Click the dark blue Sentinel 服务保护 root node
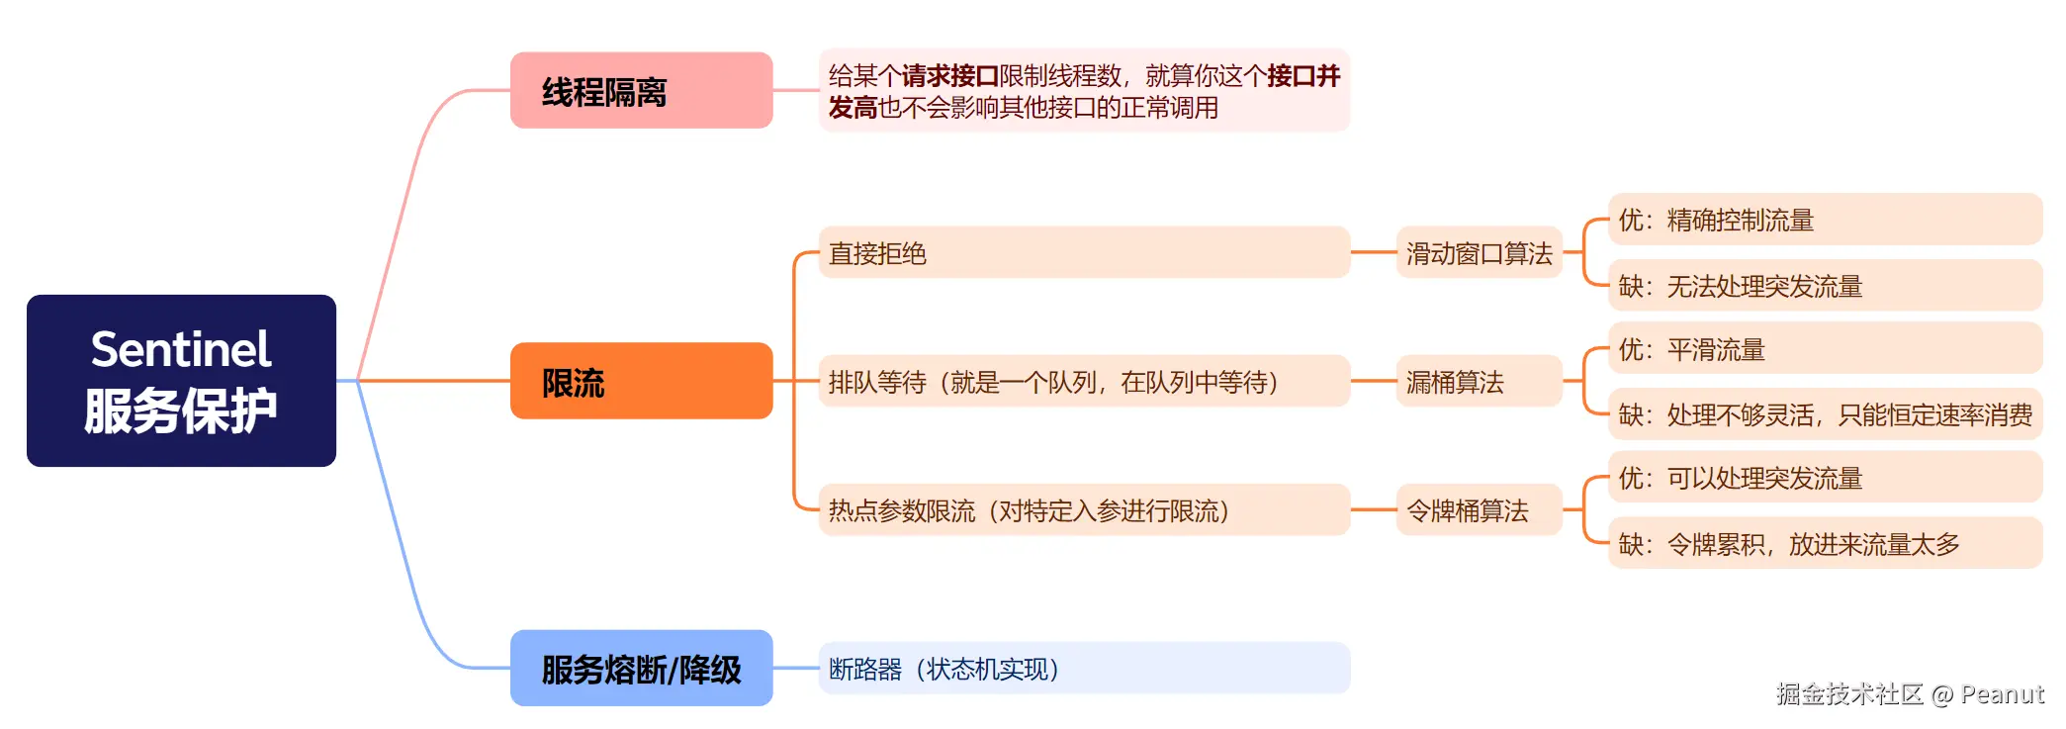181,381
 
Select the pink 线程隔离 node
641,91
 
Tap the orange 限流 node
641,381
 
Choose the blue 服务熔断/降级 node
641,669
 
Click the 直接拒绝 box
1083,253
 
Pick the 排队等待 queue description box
1083,382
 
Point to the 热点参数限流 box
1083,510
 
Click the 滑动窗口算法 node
1479,253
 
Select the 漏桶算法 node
1479,382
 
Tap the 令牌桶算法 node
1479,510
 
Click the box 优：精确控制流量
1825,220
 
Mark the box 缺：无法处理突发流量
1825,286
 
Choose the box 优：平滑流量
1825,349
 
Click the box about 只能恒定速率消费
1825,414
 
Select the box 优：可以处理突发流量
1825,478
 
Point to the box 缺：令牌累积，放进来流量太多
1825,544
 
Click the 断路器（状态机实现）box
1083,669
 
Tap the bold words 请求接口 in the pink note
949,76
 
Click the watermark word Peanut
2002,694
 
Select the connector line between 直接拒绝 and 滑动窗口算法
1373,253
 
